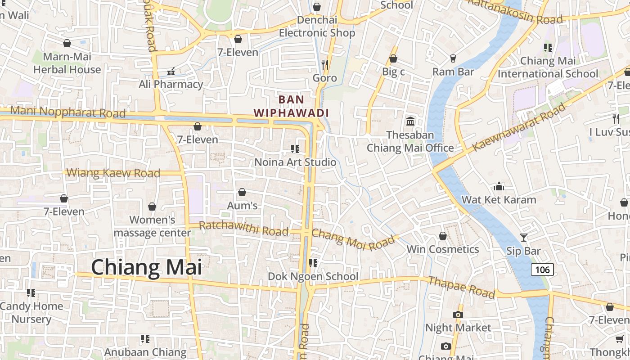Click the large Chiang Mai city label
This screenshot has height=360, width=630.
coord(146,267)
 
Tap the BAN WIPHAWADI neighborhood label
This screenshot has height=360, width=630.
coord(291,106)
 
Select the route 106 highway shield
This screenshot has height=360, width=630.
coord(542,270)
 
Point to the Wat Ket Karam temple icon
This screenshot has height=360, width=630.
coord(499,186)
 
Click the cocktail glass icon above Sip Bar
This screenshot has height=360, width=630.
coord(523,237)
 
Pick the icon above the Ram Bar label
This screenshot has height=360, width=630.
coord(453,58)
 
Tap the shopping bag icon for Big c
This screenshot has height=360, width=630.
coord(393,58)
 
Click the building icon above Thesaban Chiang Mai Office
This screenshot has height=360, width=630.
coord(410,121)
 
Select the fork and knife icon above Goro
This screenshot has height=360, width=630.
coord(325,65)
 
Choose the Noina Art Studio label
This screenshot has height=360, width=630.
coord(295,162)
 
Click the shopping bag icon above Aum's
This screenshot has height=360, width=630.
coord(242,192)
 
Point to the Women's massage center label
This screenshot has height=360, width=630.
coord(152,226)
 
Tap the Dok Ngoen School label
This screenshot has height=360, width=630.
coord(313,276)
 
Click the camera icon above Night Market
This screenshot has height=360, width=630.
coord(458,315)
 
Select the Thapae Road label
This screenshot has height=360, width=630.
coord(461,288)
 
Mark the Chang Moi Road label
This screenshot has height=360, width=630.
coord(353,240)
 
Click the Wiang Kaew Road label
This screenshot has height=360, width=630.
coord(113,173)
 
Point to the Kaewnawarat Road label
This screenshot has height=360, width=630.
coord(519,127)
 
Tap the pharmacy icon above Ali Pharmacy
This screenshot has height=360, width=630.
coord(171,71)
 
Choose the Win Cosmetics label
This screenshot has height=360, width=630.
coord(443,249)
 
